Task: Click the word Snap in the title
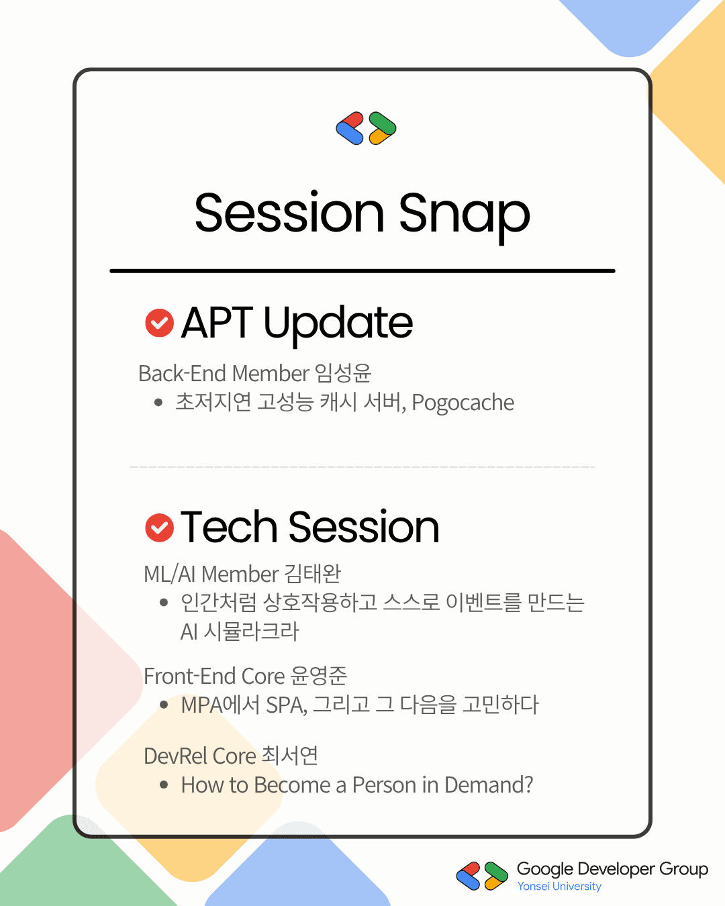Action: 464,215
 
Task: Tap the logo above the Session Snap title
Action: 366,128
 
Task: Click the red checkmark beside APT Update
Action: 159,323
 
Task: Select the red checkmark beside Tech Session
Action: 159,527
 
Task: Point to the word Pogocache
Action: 463,403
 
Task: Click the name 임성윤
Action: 343,373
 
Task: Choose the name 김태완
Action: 312,573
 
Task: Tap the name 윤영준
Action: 319,676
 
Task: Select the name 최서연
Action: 290,755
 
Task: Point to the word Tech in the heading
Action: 229,527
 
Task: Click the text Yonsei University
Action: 559,887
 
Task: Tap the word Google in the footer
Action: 544,869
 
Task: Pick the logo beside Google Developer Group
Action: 482,876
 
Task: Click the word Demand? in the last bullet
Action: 489,785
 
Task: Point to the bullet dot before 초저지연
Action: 158,403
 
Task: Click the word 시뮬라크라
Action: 251,632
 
